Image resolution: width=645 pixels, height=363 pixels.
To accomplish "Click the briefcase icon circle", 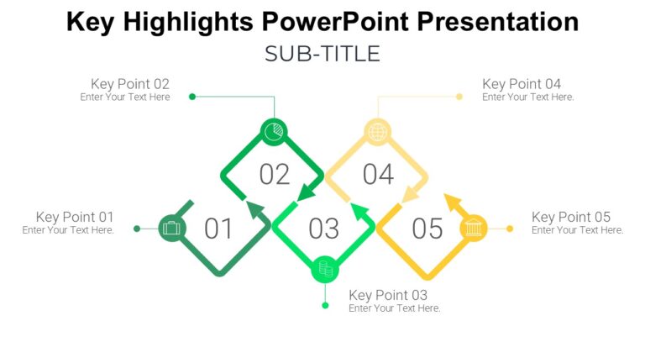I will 171,228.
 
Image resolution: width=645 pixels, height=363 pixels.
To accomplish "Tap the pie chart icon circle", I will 274,132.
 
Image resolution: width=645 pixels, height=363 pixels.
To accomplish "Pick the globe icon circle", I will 378,132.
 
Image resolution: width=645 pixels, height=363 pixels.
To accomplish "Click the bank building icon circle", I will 475,228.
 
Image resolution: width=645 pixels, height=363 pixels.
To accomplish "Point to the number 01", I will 218,229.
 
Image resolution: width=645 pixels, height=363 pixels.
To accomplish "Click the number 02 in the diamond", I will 275,175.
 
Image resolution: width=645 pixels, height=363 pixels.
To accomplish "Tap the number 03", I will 324,229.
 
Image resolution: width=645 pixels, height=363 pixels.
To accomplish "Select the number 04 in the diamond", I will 378,175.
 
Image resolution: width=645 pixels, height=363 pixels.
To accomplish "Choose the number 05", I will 427,229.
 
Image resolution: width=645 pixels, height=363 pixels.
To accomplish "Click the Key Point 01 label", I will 74,217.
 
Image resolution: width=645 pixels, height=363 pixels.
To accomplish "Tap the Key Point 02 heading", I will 130,84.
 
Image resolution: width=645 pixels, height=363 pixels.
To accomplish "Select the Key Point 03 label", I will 388,295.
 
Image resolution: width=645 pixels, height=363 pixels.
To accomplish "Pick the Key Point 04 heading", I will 522,84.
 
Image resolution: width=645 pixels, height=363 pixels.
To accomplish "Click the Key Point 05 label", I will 571,217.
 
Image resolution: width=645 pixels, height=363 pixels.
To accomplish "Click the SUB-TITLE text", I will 322,55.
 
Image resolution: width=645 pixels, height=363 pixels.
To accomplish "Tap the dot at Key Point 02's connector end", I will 192,97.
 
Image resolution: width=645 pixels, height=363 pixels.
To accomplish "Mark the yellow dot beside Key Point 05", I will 510,228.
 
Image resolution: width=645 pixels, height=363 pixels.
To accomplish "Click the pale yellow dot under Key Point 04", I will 459,97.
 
